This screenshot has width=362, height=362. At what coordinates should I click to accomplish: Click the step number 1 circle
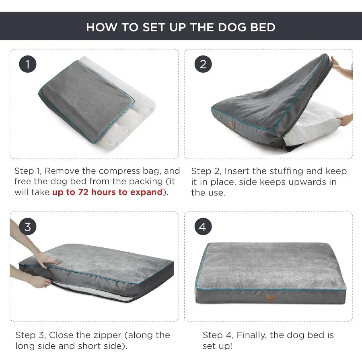coord(28,64)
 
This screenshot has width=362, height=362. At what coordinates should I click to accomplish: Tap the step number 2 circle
coord(203,64)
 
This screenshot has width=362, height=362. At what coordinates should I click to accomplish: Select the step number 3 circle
coord(28,227)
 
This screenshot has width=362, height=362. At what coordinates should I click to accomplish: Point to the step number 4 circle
coord(203,227)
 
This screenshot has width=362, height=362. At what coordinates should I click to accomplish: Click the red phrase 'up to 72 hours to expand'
coord(107,192)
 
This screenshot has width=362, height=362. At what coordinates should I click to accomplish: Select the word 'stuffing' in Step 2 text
coord(286,171)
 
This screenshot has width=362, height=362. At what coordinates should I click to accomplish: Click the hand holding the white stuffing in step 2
coord(346,120)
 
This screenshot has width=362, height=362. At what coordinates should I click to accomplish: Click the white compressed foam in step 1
coord(121,133)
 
